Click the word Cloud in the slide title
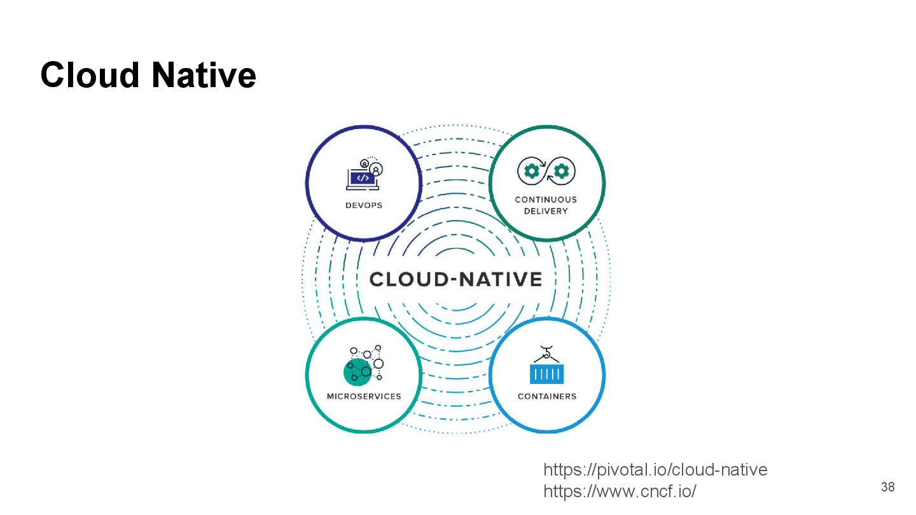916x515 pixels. [90, 75]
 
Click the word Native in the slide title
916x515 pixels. [204, 75]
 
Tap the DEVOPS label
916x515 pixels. [364, 205]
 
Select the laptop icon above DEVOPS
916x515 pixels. [362, 179]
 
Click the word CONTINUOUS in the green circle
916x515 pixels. [546, 200]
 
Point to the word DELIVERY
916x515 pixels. [546, 211]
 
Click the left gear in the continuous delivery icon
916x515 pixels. [530, 171]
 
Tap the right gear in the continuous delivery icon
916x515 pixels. [562, 171]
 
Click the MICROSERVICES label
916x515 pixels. [364, 396]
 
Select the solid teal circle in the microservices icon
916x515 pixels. [357, 372]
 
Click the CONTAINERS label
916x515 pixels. [547, 396]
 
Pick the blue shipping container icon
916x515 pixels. [547, 373]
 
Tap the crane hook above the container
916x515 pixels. [546, 352]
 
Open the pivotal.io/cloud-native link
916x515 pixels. [655, 470]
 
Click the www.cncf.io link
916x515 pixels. [620, 491]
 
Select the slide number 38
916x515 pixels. [887, 488]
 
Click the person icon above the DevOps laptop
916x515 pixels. [376, 170]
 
